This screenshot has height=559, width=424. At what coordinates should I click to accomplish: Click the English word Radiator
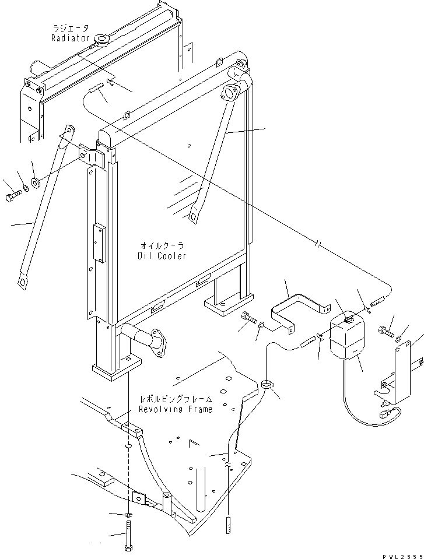point(69,38)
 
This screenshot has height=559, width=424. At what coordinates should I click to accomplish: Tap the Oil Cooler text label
point(162,256)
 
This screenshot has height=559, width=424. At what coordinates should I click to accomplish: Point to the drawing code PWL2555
point(400,554)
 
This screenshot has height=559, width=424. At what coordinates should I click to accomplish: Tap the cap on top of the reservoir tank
point(348,319)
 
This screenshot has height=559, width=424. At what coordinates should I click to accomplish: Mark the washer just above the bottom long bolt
point(128,515)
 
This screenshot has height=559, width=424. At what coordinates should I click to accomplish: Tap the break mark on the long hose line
point(317,245)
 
